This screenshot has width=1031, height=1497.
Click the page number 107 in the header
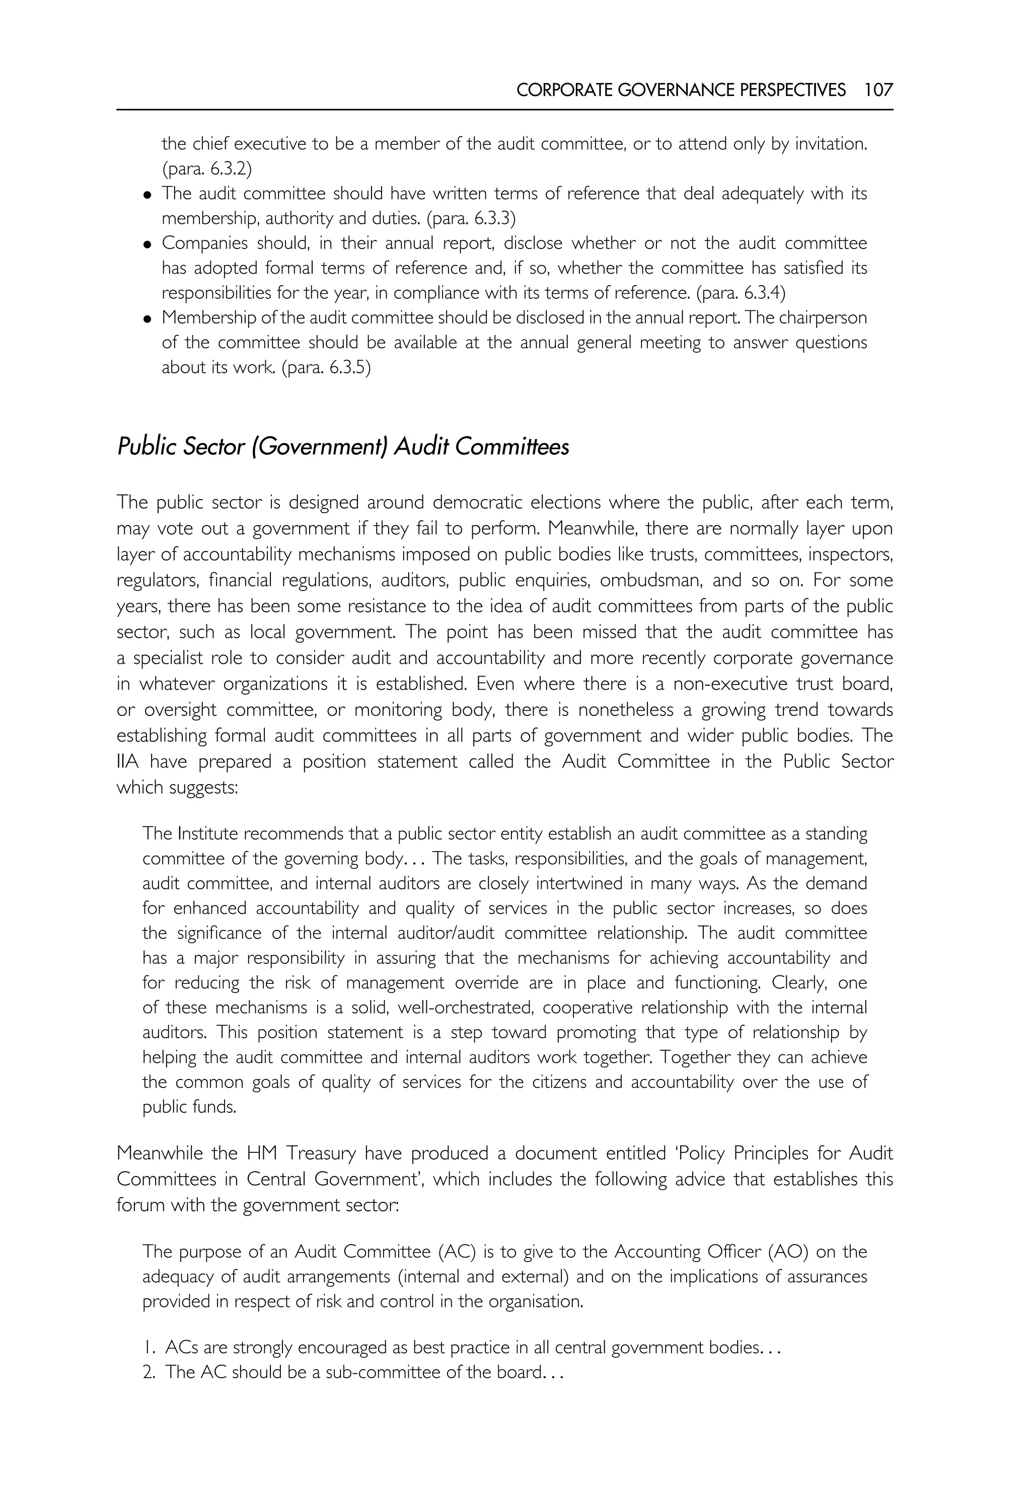[x=878, y=90]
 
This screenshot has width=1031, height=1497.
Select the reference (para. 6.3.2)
[x=207, y=169]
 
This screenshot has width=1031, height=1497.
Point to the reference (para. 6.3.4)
[x=741, y=293]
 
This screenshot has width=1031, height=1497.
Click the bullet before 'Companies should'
[x=148, y=244]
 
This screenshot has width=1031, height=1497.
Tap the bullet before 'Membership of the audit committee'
[x=148, y=319]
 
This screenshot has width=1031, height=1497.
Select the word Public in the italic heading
[x=146, y=447]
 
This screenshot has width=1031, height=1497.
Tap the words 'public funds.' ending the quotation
[x=189, y=1107]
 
